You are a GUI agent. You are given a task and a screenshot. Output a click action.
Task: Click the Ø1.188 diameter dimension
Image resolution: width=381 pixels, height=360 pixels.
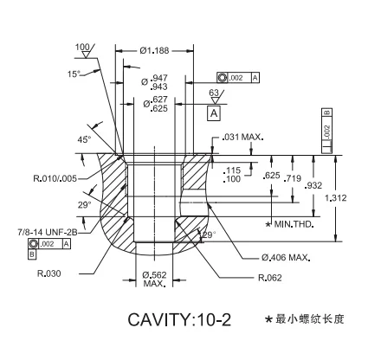(x=155, y=50)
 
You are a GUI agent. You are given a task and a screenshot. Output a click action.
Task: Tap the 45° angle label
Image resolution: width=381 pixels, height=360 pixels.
(x=83, y=139)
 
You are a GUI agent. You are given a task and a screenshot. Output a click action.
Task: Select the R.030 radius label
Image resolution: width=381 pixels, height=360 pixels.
(x=48, y=273)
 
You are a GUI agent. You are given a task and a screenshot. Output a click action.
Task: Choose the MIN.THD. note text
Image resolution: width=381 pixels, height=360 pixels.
(x=293, y=224)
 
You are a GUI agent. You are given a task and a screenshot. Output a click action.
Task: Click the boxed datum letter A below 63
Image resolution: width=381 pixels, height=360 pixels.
(x=214, y=112)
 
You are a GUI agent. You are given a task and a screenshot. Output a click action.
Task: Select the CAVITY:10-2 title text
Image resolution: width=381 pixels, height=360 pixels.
(x=179, y=319)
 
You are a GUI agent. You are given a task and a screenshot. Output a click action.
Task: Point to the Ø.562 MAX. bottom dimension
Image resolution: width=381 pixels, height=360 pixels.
(x=154, y=279)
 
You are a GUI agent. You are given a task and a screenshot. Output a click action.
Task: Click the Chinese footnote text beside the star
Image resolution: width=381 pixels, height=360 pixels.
(x=309, y=319)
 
